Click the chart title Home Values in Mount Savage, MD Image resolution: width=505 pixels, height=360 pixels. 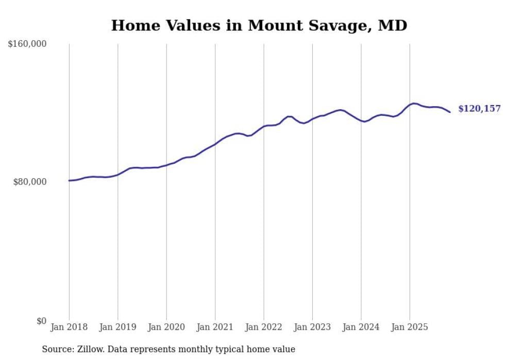(x=259, y=25)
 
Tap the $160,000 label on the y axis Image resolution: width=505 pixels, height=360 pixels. (x=27, y=44)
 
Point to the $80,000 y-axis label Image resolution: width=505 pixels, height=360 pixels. (x=30, y=182)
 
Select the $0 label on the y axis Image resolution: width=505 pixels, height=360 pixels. (x=41, y=321)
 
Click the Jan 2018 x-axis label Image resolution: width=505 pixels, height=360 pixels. (x=69, y=327)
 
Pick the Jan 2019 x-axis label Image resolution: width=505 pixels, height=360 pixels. (x=117, y=327)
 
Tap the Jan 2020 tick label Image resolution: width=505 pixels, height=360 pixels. (x=166, y=327)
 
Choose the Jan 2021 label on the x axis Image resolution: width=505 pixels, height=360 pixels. (x=215, y=327)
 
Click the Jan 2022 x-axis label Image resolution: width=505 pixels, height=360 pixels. (x=263, y=327)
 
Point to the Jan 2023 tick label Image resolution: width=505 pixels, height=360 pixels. (x=312, y=327)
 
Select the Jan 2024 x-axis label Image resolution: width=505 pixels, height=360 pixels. (x=361, y=327)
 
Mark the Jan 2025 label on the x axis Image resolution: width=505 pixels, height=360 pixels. (x=410, y=327)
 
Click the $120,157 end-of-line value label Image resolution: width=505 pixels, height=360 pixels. (x=479, y=109)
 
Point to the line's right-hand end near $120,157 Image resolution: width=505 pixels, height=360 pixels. (x=450, y=112)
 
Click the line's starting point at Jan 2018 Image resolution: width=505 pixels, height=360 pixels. (x=69, y=180)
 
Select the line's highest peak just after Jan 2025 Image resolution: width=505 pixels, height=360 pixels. (x=414, y=104)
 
